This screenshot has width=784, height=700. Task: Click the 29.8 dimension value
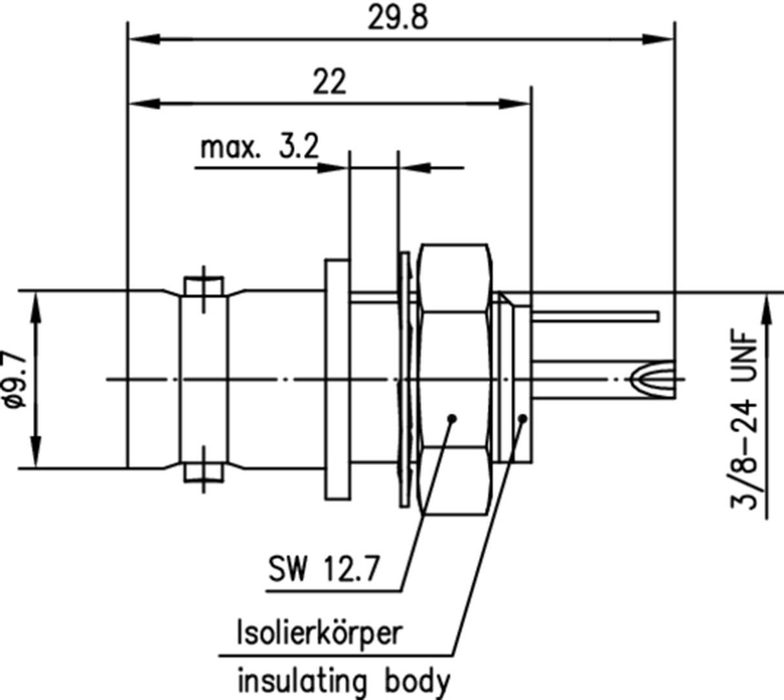(397, 19)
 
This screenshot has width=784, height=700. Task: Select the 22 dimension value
(330, 82)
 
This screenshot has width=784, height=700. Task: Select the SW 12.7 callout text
(323, 572)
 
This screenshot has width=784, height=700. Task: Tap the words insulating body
(343, 681)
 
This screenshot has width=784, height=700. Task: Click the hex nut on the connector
(454, 378)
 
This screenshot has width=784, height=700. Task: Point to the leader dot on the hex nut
(452, 418)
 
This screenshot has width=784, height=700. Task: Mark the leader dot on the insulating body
(522, 419)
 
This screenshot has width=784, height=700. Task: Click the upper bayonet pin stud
(204, 285)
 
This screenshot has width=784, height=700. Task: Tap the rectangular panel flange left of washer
(336, 379)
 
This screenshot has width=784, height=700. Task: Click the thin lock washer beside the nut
(405, 378)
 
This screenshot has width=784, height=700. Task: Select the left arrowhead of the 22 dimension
(138, 104)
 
